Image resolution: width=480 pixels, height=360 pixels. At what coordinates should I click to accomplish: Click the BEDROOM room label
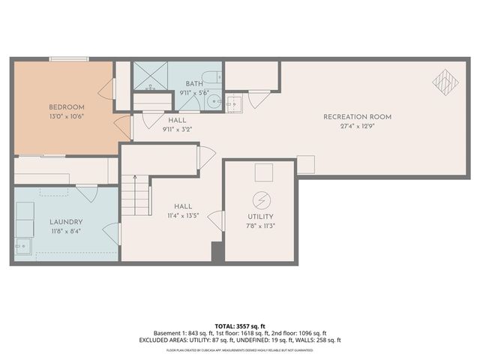tap(67, 107)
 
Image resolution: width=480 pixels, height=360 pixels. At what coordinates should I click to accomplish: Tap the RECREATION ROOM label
tap(357, 116)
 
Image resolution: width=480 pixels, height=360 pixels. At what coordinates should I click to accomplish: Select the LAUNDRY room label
tap(66, 222)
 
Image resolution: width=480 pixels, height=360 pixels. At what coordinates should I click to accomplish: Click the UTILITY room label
tap(261, 217)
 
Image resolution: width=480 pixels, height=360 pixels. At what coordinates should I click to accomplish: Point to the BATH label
tap(194, 83)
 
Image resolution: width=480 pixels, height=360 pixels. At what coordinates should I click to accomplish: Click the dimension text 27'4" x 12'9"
tap(357, 126)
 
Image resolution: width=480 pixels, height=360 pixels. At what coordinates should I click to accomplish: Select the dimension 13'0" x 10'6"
tap(67, 117)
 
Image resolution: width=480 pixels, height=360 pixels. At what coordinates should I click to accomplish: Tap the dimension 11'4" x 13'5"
tap(182, 216)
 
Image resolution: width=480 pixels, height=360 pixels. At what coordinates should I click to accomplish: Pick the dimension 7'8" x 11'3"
tap(261, 226)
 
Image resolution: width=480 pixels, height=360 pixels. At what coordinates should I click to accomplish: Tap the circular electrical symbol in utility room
tap(261, 200)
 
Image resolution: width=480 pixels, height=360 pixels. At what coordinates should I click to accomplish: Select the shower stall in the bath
tap(149, 76)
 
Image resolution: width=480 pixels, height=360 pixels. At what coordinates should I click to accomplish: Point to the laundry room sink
tap(23, 244)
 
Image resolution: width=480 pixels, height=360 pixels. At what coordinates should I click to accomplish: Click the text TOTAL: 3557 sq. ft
tap(239, 326)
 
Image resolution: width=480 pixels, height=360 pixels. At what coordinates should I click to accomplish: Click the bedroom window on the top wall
tap(74, 60)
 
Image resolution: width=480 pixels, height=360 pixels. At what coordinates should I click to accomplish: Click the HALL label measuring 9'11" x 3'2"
tap(177, 120)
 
